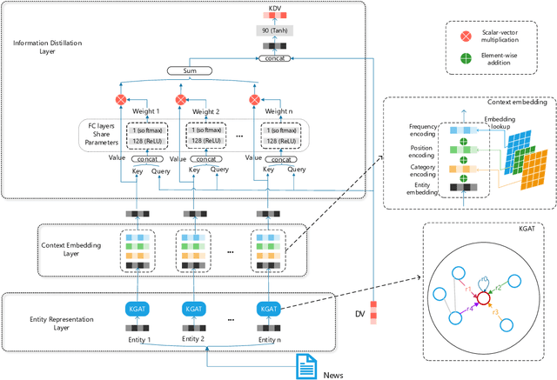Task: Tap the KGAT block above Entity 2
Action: point(194,309)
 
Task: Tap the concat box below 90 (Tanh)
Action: point(275,58)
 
